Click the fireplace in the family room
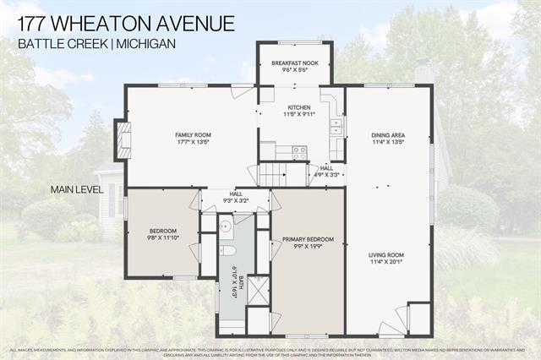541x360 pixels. pos(123,139)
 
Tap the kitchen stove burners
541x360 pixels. pos(299,152)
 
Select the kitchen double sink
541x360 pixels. pos(336,127)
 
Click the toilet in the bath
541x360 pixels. pos(227,250)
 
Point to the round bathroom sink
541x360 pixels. pos(225,227)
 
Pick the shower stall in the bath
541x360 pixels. pos(257,292)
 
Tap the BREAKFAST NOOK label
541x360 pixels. pos(294,64)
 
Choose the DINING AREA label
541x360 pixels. pos(389,135)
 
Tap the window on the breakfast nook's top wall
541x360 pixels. pos(295,41)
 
